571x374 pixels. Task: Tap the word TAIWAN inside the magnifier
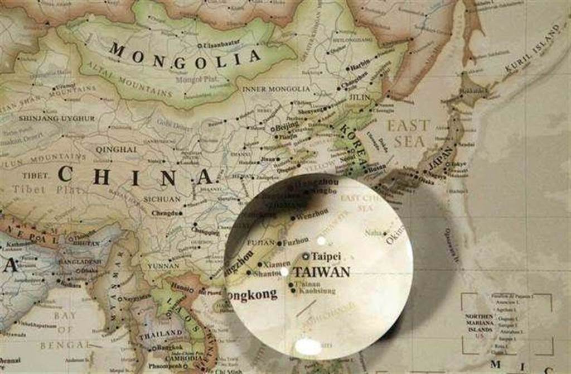(x=322, y=272)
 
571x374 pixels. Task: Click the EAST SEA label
(x=409, y=133)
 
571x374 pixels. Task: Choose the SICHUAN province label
(x=162, y=199)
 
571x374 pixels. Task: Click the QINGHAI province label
(x=116, y=150)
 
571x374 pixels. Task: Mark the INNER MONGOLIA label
(x=276, y=89)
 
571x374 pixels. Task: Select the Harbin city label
(x=360, y=61)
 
